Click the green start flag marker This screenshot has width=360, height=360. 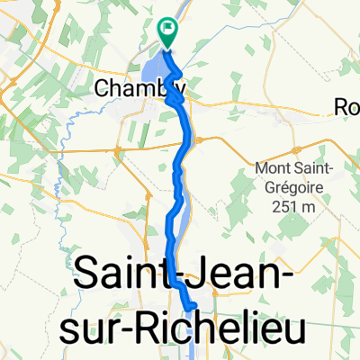pyautogui.click(x=167, y=31)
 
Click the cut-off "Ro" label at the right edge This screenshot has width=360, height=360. pyautogui.click(x=346, y=106)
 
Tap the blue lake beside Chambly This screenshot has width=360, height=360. pyautogui.click(x=153, y=72)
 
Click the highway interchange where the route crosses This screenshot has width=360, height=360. pyautogui.click(x=191, y=139)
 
